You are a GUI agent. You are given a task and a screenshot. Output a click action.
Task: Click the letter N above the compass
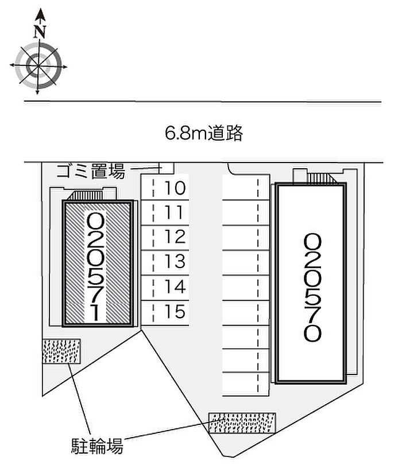tap(40, 32)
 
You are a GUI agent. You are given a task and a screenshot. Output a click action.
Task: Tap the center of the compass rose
tap(38, 65)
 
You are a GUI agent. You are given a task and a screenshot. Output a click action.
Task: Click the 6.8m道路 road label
tap(204, 133)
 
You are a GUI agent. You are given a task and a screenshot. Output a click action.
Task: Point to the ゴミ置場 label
tap(91, 171)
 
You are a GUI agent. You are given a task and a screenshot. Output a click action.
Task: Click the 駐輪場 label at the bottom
tap(97, 446)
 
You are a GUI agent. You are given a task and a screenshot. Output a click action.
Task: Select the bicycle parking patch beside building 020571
tap(61, 351)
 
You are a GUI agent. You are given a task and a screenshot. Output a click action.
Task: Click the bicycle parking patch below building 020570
tap(242, 423)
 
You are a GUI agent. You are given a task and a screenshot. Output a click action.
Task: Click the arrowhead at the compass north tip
tap(40, 15)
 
